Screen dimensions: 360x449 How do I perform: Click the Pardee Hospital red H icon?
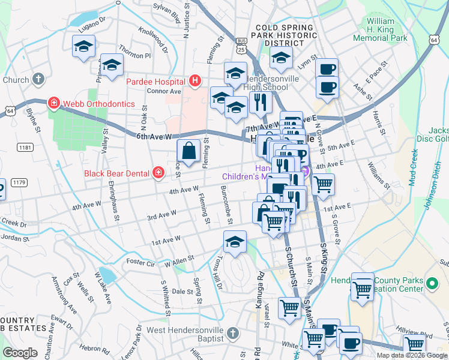click(x=194, y=80)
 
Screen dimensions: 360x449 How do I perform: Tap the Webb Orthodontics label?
click(x=100, y=104)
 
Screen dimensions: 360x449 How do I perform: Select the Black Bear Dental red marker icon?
click(x=158, y=173)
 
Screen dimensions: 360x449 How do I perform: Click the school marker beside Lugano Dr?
click(x=83, y=46)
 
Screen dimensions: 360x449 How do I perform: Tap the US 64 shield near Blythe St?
click(x=10, y=111)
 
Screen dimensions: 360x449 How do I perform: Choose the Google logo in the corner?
click(x=20, y=353)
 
